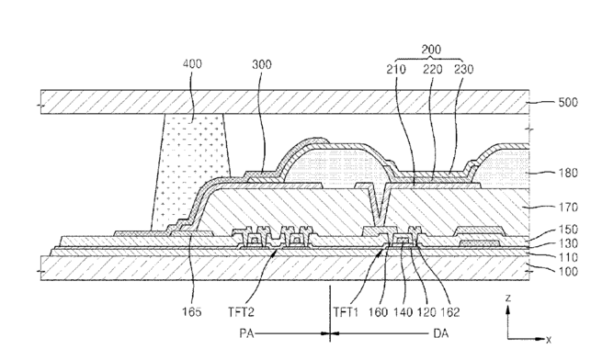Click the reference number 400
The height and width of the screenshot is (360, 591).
192,63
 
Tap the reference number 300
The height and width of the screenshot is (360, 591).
262,64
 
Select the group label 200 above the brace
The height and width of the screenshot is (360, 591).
431,50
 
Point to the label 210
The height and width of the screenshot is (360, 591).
396,69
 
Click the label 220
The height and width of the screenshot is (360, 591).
432,69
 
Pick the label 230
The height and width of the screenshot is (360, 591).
463,69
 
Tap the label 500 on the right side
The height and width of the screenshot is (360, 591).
568,102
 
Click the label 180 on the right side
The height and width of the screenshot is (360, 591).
568,173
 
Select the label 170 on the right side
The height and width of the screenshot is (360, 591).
568,208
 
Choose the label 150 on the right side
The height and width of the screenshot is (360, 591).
568,230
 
